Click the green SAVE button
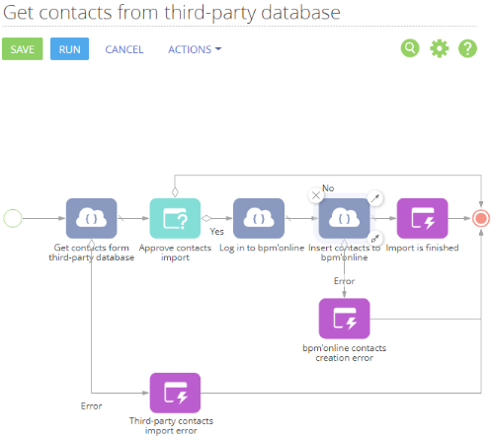[23, 49]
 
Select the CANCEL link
[124, 49]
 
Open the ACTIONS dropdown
[195, 49]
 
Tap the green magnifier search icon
[410, 48]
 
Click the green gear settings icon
[440, 48]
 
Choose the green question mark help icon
[467, 48]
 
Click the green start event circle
[13, 218]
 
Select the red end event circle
[481, 218]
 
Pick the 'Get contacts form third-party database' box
[92, 218]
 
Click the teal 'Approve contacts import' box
[175, 218]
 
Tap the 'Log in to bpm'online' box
[259, 218]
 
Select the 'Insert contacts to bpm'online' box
[345, 218]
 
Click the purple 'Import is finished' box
[423, 218]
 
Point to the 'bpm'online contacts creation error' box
[345, 319]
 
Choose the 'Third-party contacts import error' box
[175, 393]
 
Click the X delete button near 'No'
[316, 195]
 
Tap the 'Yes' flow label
[216, 232]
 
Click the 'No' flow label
[328, 188]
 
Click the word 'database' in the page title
[300, 13]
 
